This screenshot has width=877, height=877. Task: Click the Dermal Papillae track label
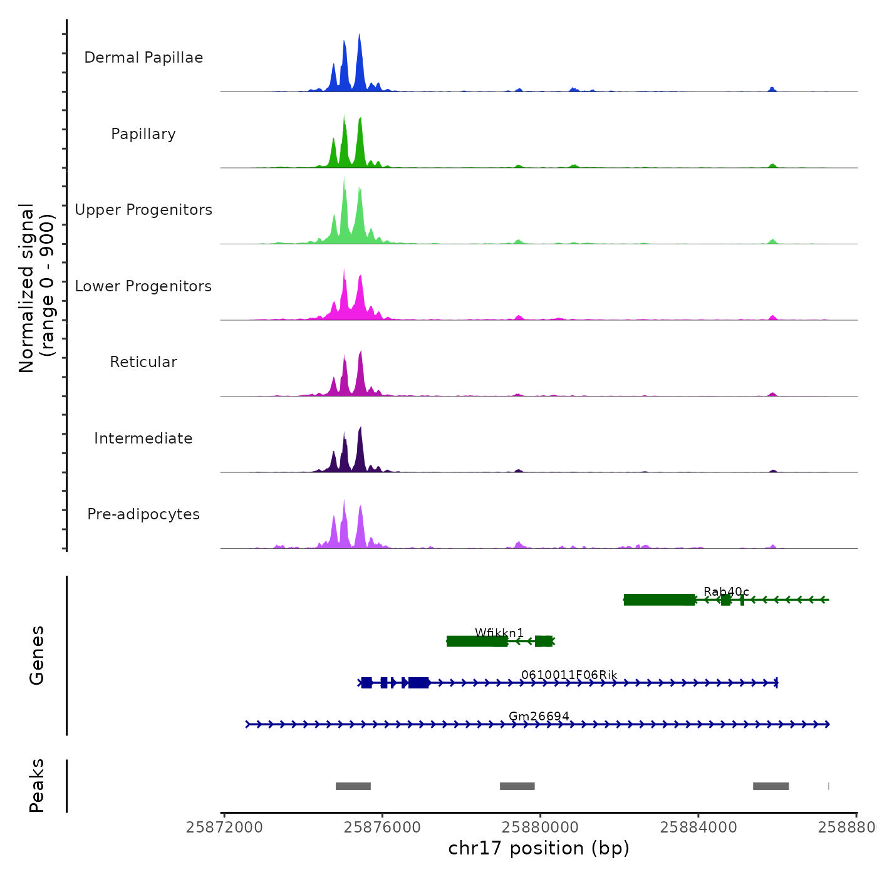pos(143,58)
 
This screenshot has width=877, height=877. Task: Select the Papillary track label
pos(143,134)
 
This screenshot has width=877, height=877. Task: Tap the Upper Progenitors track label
pos(143,210)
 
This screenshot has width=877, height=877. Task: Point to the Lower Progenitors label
pos(143,286)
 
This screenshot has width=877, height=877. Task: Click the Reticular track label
pos(143,362)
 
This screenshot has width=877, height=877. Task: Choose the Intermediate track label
pos(143,438)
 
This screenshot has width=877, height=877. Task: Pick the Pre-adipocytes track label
pos(143,514)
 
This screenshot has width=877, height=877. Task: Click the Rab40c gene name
pos(726,592)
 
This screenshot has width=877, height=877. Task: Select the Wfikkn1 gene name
pos(499,633)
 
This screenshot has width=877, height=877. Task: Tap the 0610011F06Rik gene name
pos(569,675)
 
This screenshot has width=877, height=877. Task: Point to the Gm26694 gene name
pos(539,716)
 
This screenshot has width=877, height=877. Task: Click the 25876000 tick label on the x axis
pos(382,828)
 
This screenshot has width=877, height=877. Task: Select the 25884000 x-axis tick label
pos(698,828)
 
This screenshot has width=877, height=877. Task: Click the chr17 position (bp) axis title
pos(539,848)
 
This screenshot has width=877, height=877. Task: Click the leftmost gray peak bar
pos(353,786)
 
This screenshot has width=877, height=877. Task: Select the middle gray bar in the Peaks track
pos(517,786)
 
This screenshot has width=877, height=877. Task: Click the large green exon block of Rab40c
pos(660,600)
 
